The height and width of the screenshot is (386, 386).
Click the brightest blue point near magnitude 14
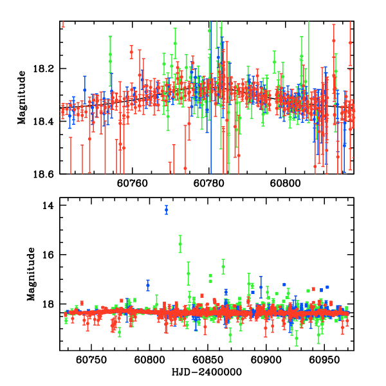167,210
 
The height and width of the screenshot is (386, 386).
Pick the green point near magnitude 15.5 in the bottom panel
180,244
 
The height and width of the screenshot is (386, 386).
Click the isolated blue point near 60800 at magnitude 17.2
148,285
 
